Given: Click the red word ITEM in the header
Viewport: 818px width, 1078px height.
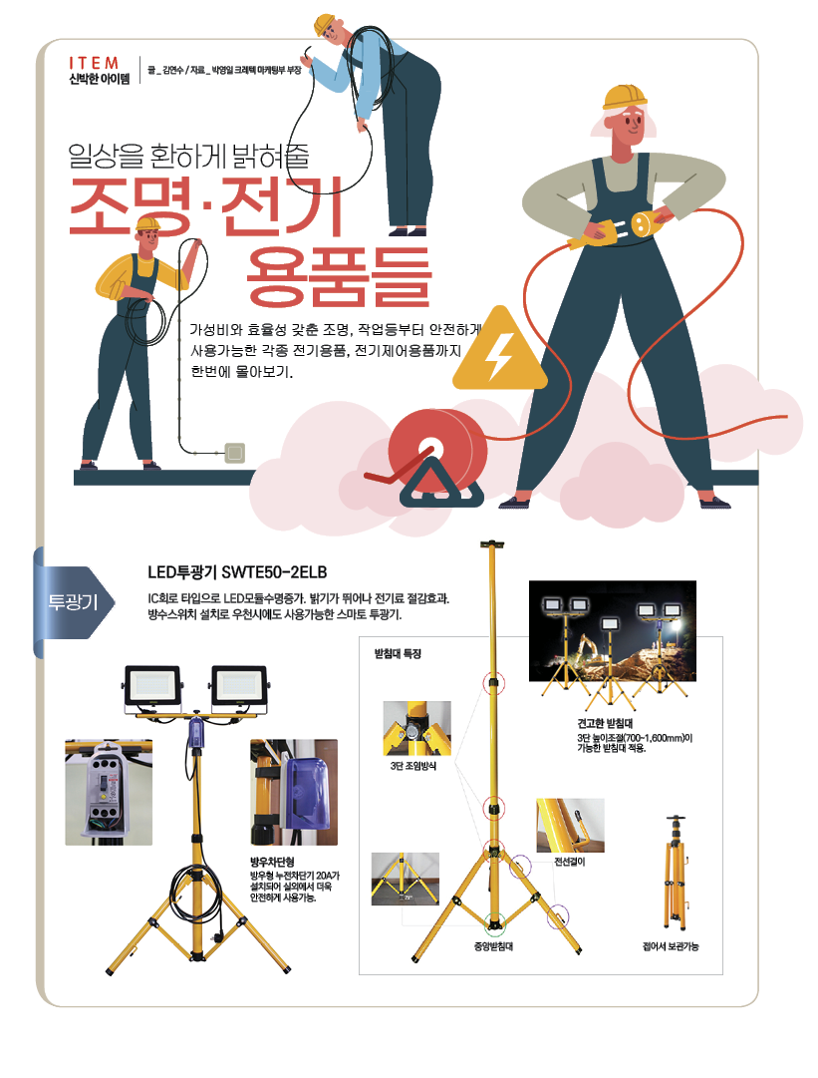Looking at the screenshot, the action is [94, 63].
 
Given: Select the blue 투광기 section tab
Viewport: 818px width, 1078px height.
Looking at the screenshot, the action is [73, 602].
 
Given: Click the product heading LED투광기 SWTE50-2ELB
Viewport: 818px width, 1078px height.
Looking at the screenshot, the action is [237, 572].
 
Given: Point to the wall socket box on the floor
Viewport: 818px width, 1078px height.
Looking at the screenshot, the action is [235, 453].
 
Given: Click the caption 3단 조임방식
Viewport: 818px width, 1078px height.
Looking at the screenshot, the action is [412, 766].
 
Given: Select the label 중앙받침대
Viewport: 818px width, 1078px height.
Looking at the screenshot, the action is [493, 946].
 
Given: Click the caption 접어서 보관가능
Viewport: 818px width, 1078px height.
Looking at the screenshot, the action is [671, 946].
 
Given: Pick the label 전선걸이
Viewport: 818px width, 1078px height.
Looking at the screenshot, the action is [569, 862].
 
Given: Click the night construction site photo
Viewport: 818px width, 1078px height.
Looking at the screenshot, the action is [613, 630].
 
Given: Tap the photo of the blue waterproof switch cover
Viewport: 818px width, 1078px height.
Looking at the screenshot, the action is [294, 792].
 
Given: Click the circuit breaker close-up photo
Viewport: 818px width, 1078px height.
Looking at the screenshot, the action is [109, 792].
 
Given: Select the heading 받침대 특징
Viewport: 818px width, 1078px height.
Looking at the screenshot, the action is [398, 654].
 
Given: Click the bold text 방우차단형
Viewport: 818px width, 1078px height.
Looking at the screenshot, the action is [272, 862].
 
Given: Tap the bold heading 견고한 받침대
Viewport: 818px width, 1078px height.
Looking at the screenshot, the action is [605, 723].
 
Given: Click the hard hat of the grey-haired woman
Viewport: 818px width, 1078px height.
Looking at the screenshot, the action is [624, 97].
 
